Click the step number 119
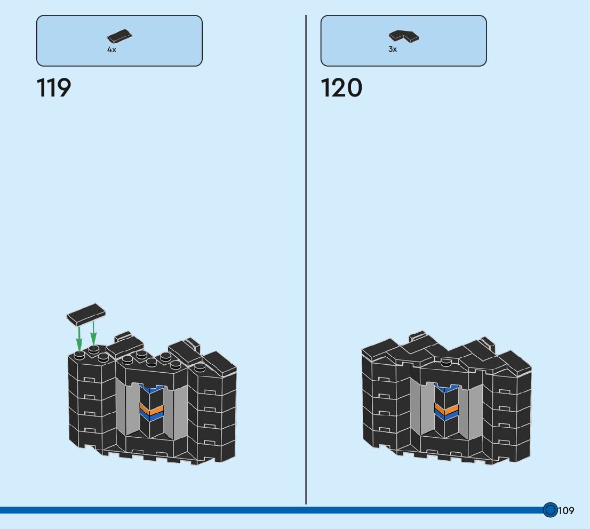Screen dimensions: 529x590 click(x=54, y=88)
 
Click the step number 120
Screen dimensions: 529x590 click(x=341, y=88)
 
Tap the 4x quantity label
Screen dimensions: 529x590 click(x=111, y=50)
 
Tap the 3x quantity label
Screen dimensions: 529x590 click(x=393, y=49)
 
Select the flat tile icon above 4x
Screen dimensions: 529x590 click(x=119, y=36)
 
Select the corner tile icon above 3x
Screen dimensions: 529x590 click(x=403, y=36)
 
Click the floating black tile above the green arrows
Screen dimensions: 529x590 click(x=86, y=314)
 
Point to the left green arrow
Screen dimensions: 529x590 click(x=79, y=338)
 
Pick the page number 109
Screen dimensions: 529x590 click(x=567, y=511)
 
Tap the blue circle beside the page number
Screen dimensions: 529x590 click(x=550, y=510)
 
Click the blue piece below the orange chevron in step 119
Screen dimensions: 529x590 click(x=151, y=416)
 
